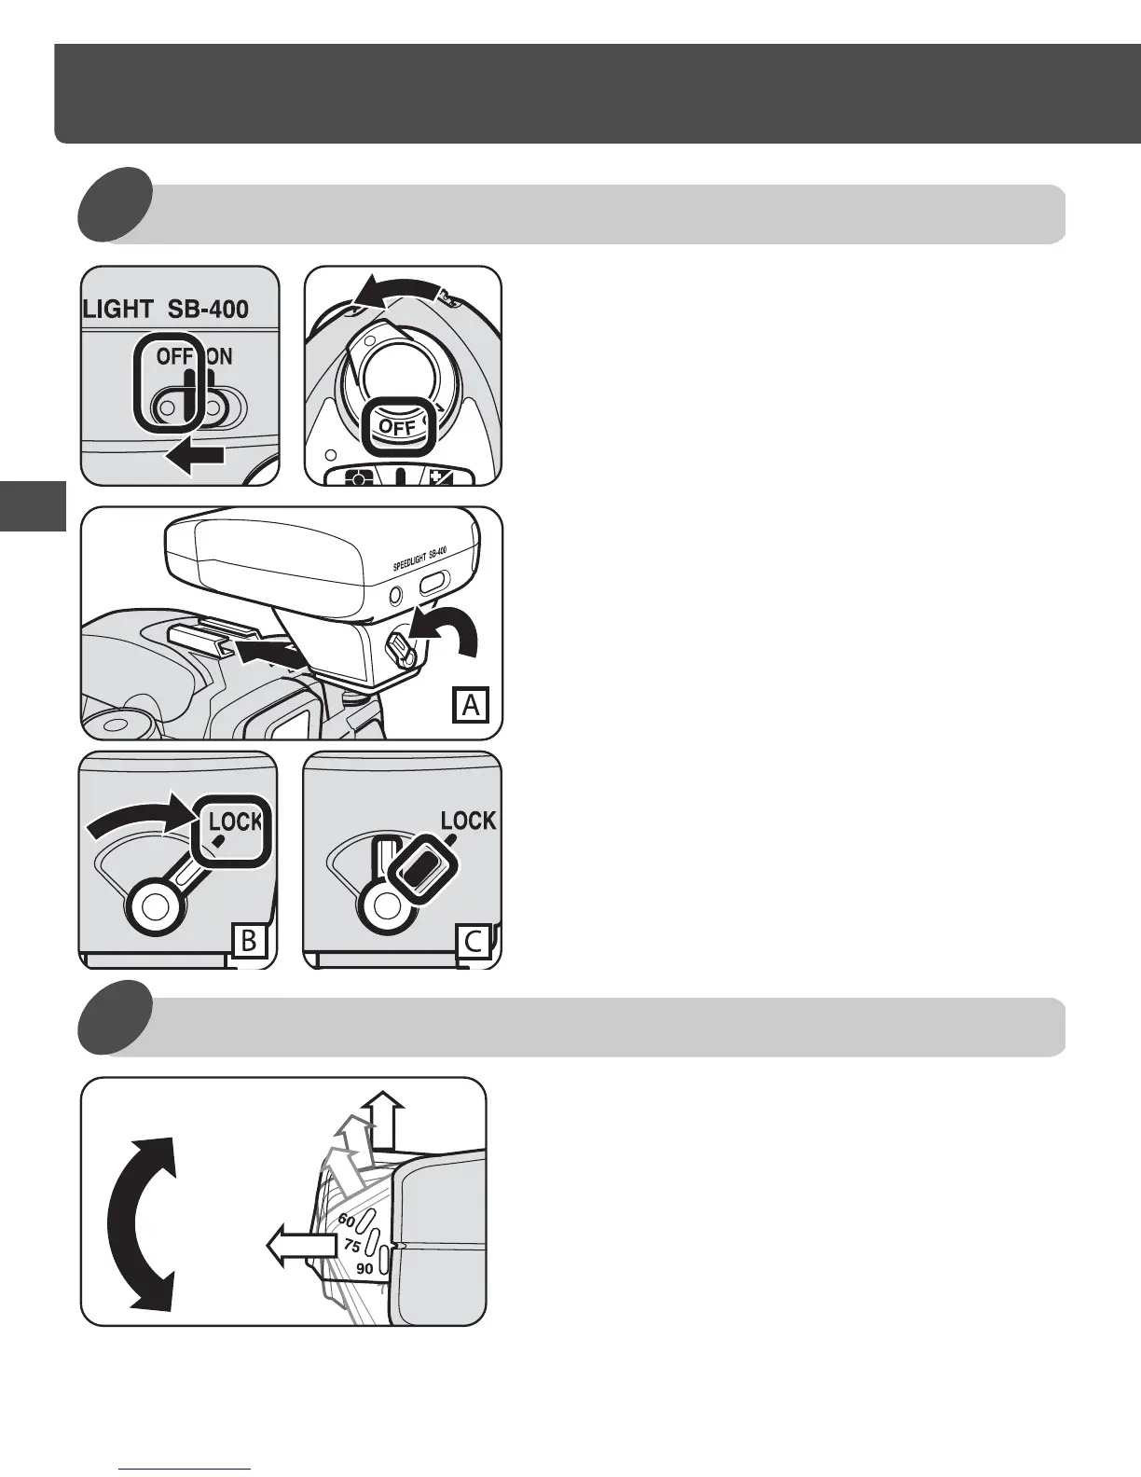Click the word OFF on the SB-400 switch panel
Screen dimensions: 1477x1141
click(x=174, y=356)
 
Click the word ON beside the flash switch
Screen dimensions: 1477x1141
click(x=219, y=356)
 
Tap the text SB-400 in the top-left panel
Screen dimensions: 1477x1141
click(x=208, y=309)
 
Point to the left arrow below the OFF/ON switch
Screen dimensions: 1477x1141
click(x=195, y=455)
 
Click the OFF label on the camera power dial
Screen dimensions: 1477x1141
click(x=397, y=428)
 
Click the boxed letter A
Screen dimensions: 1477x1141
click(x=471, y=705)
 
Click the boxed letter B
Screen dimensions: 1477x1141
click(x=249, y=940)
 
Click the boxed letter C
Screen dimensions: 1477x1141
click(x=473, y=940)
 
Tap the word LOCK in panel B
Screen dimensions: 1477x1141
click(x=235, y=822)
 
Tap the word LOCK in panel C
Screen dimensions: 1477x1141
click(x=468, y=821)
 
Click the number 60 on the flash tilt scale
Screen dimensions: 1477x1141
click(x=346, y=1220)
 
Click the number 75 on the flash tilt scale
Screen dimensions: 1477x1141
click(x=351, y=1245)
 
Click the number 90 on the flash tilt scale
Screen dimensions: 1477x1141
click(x=364, y=1268)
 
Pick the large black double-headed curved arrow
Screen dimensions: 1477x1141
click(x=141, y=1222)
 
